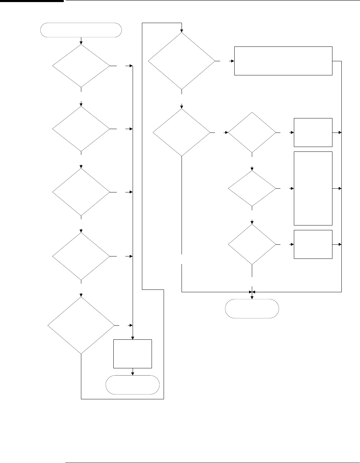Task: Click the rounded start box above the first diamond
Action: coord(81,30)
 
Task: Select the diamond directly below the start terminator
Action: coord(81,65)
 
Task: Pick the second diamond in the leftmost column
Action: coord(81,129)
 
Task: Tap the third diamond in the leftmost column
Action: coord(81,192)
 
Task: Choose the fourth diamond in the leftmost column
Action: coord(81,256)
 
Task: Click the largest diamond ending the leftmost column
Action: coord(81,325)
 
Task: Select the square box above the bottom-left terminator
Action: coord(133,354)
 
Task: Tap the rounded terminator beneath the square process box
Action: coord(133,385)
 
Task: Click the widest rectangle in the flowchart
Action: coord(283,61)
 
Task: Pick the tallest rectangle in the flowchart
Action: coord(313,188)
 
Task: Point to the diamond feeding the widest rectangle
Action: coord(182,61)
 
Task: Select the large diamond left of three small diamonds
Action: coord(182,133)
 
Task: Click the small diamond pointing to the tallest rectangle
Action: coord(252,189)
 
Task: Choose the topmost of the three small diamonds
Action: coord(252,132)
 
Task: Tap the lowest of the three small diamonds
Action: coord(252,244)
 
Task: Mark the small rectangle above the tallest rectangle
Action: coord(313,133)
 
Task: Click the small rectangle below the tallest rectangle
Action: coord(313,244)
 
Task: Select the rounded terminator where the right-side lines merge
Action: coord(252,308)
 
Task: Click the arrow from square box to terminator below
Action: coord(133,372)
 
